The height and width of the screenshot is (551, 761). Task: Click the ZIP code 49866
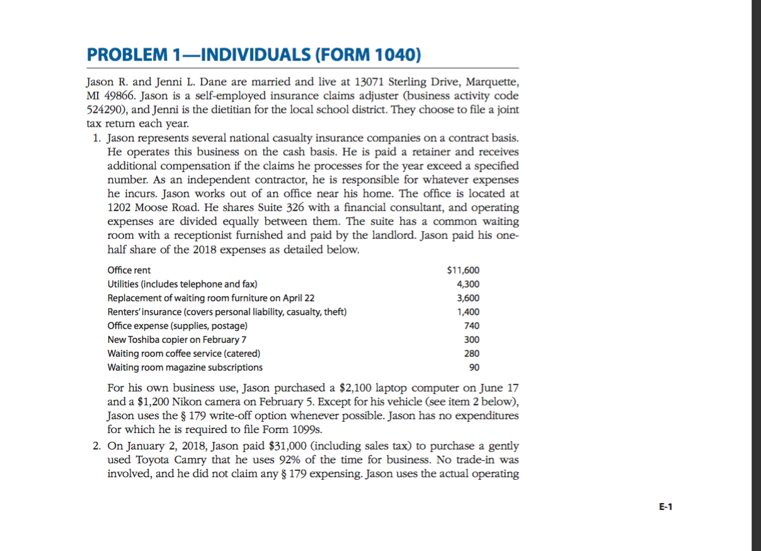click(x=120, y=96)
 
